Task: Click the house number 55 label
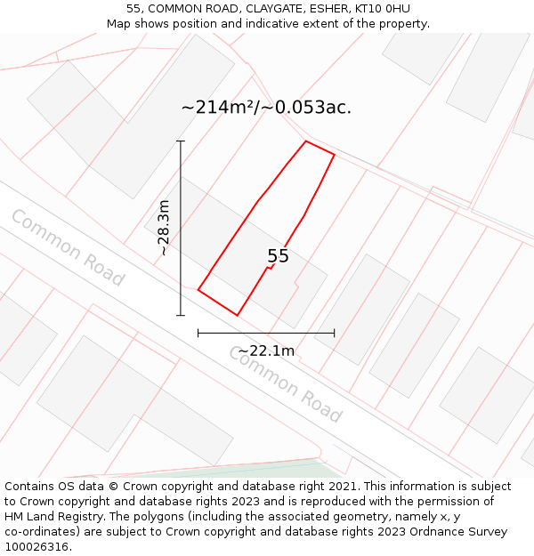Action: (278, 256)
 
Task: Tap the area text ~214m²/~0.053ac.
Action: (266, 108)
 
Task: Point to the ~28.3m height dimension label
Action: (164, 229)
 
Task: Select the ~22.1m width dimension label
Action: (266, 351)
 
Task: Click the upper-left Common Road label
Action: (67, 247)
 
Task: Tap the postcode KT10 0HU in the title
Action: (380, 9)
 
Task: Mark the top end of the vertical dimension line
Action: (181, 141)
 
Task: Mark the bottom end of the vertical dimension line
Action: (181, 315)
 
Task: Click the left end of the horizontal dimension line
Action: (198, 333)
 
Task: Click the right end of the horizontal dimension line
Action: (335, 333)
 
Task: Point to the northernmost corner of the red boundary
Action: (306, 141)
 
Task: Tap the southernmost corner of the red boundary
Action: (238, 315)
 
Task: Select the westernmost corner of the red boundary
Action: (198, 289)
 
